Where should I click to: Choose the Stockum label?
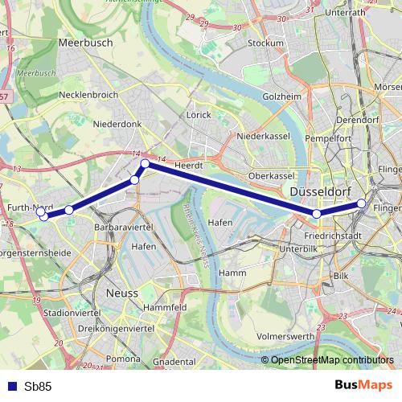pos(266,43)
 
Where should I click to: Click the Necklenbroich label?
pos(88,95)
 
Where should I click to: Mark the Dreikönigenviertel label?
pos(112,330)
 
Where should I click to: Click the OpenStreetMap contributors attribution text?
pos(332,360)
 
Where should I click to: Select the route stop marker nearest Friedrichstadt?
pos(318,214)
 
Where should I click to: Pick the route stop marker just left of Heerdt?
pos(146,164)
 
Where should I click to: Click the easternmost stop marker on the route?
pos(362,204)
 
